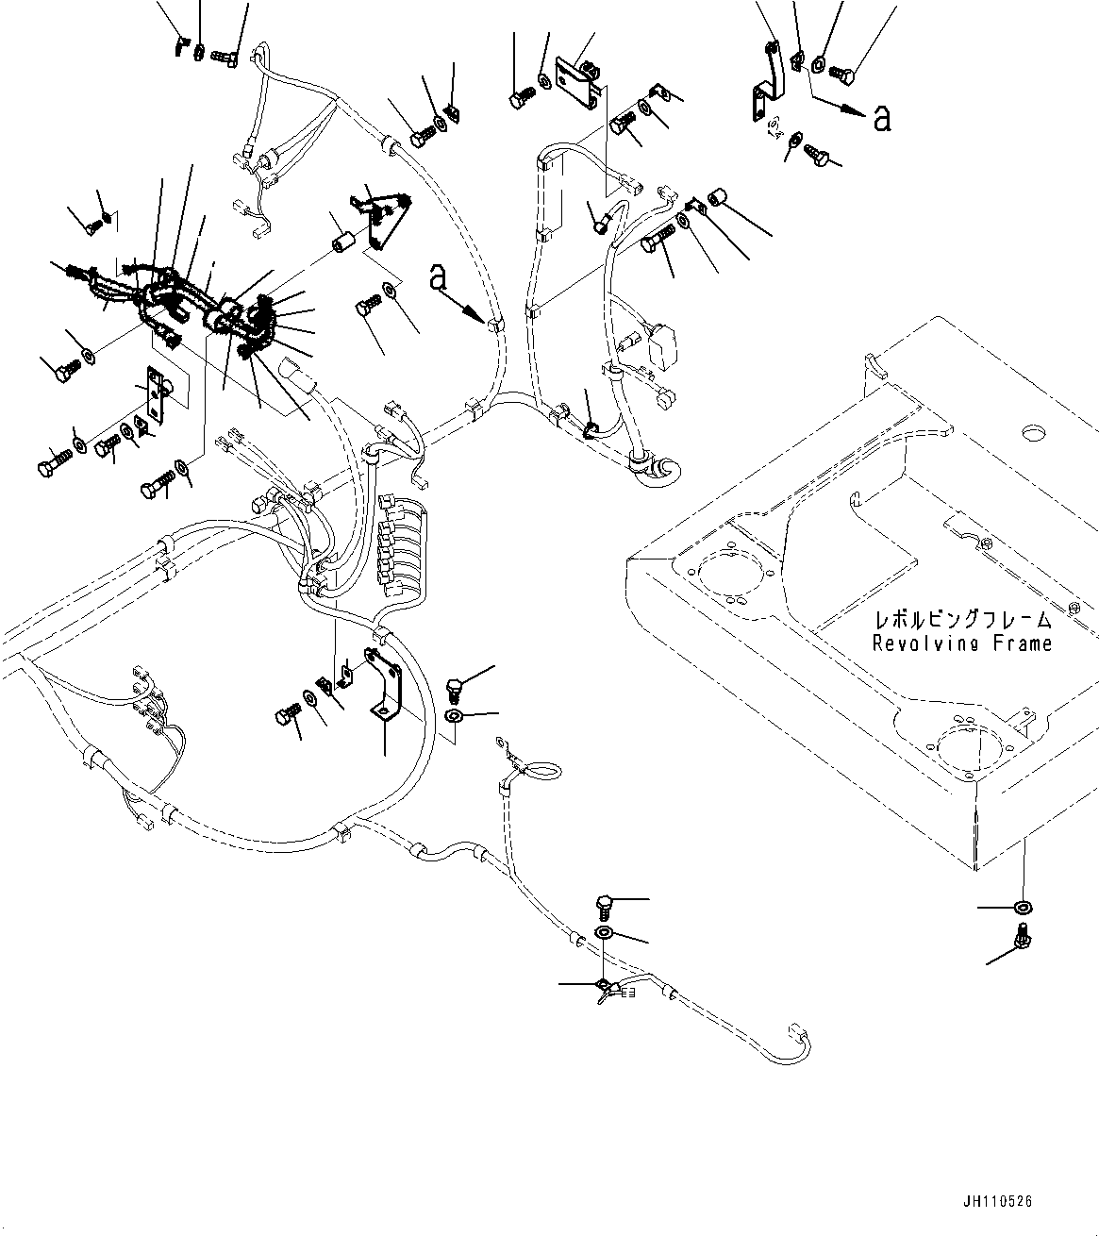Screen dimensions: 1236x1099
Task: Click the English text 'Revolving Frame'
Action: pos(961,643)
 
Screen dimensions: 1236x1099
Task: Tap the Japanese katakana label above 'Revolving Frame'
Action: pos(962,620)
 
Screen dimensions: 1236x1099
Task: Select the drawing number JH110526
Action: pos(999,1201)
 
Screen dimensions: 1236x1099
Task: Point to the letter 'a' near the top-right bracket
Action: pos(882,118)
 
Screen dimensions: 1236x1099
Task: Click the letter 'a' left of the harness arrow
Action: pos(437,276)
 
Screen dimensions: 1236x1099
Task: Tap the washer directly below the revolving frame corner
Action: pos(1022,908)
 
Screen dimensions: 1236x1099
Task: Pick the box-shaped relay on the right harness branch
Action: pos(666,346)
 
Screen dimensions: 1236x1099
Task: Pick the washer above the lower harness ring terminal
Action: pos(605,934)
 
